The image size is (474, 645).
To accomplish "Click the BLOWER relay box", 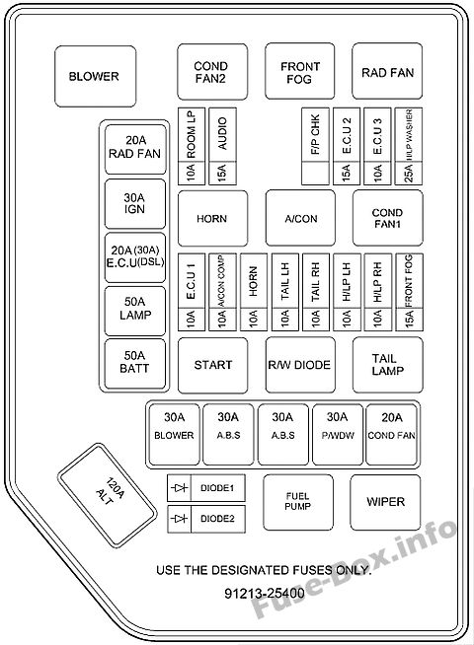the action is click(x=95, y=76).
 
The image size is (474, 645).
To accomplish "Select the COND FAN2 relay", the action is click(x=212, y=72).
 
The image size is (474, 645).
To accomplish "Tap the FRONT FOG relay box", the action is click(x=299, y=71).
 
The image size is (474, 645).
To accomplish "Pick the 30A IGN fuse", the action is click(x=135, y=203).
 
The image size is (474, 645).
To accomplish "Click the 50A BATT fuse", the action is click(x=135, y=363).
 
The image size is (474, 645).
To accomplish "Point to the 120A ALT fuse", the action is click(x=107, y=494).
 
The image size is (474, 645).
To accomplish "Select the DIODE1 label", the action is click(x=217, y=488).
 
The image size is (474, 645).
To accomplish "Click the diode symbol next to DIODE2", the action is click(x=179, y=519).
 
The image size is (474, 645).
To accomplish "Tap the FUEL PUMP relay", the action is click(x=298, y=502).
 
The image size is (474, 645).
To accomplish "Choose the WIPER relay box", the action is click(x=385, y=502).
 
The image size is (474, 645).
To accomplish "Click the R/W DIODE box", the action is click(x=300, y=365).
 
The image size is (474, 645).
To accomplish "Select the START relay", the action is click(x=213, y=365).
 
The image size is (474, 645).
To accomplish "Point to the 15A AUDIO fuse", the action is click(x=222, y=146).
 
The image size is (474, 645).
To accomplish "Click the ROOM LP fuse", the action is click(x=192, y=146).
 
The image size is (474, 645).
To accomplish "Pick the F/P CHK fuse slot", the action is click(x=315, y=146).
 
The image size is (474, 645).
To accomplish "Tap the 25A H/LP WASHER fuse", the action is click(x=409, y=146).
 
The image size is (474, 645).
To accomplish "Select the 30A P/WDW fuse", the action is click(x=338, y=434).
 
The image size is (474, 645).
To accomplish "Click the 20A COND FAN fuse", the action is click(x=392, y=434).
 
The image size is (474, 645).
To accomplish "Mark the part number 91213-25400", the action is click(x=265, y=593).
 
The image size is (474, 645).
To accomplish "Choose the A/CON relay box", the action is click(x=300, y=218).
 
